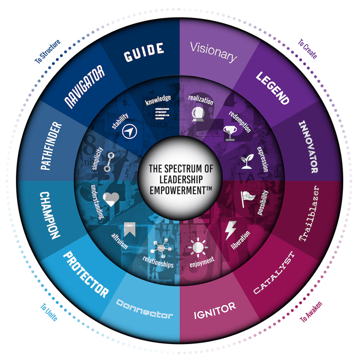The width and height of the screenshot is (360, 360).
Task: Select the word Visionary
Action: (214, 52)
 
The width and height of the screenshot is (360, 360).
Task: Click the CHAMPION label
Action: (49, 215)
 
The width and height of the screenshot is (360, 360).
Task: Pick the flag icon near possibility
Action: (247, 197)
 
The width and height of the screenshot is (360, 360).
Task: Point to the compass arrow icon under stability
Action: (128, 132)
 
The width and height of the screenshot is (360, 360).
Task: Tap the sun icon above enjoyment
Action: (196, 247)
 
